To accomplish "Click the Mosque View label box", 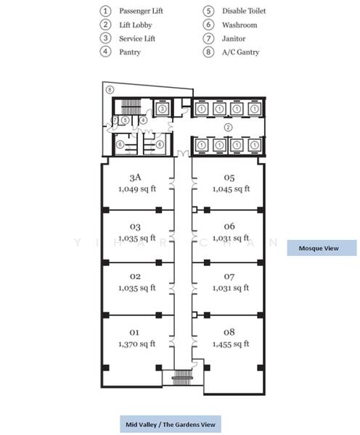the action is (x=322, y=248).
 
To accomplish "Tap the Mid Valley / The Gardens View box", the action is (x=171, y=424).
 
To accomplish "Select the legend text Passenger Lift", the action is (x=141, y=11).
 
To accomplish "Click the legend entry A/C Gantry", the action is (x=240, y=52).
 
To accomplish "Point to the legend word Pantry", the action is (x=130, y=52).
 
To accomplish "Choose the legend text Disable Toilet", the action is (x=244, y=11).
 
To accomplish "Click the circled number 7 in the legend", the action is (x=208, y=38).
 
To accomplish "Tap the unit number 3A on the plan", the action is (x=135, y=178).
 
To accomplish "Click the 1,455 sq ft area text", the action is (x=231, y=344).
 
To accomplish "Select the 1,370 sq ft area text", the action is (x=136, y=344).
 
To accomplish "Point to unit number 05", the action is (x=229, y=178).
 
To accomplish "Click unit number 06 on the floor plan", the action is (x=229, y=226).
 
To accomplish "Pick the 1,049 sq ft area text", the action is (x=137, y=189).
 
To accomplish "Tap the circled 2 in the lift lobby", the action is (x=228, y=128).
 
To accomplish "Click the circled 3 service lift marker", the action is (x=163, y=109).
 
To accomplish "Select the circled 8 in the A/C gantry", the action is (x=110, y=90).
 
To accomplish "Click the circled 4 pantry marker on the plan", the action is (x=143, y=120).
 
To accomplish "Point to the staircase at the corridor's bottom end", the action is (x=182, y=378).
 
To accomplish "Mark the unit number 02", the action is (x=135, y=276).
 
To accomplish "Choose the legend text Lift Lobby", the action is (x=136, y=25).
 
